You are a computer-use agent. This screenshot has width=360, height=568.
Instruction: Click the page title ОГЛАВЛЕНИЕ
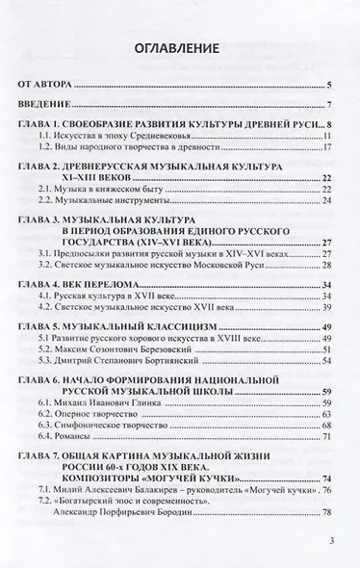click(180, 47)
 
